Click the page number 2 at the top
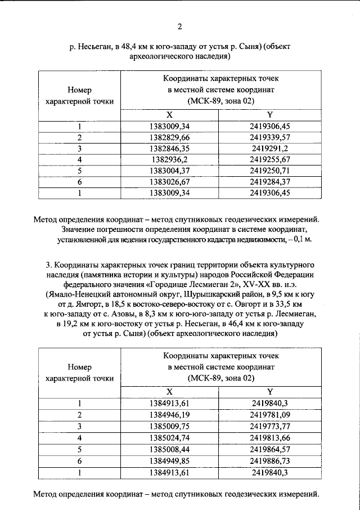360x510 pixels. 180,26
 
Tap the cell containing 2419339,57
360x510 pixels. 270,137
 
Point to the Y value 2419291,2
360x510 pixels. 270,149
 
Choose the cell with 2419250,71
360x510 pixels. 270,171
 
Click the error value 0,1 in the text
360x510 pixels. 304,239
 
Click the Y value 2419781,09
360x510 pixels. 270,414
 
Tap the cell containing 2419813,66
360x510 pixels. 270,437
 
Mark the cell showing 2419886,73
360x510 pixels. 270,459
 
